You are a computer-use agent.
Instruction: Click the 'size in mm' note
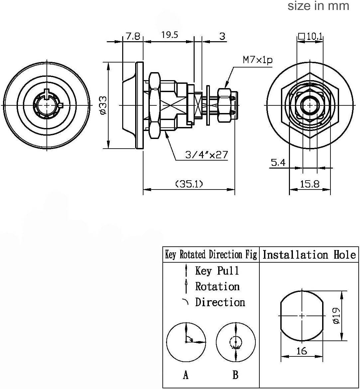pos(318,6)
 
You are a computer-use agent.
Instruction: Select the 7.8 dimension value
pos(133,36)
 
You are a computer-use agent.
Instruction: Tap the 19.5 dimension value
pos(170,35)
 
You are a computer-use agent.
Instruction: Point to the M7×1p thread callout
pos(257,60)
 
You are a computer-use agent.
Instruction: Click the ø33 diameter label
pos(103,105)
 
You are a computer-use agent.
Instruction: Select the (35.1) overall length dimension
pos(189,184)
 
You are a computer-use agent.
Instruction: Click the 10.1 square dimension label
pos(311,36)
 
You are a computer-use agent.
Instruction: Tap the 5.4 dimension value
pos(278,163)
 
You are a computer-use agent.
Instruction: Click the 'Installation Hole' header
pos(309,255)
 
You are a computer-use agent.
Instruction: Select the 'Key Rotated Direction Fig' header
pos(211,255)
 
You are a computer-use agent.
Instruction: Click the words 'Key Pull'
pos(217,271)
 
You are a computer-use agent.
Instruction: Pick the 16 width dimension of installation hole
pos(302,350)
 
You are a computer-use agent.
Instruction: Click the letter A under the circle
pos(186,375)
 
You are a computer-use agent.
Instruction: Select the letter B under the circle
pos(235,375)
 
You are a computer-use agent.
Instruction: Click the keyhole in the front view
pos(47,105)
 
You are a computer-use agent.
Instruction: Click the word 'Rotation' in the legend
pos(217,286)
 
